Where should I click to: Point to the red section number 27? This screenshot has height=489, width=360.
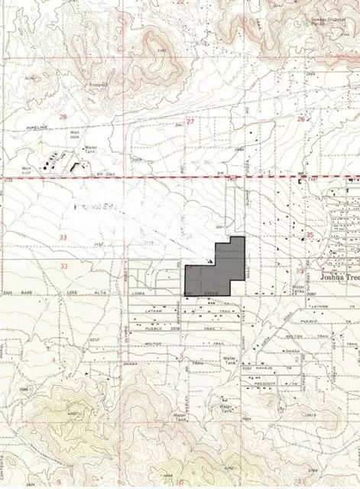(x=190, y=121)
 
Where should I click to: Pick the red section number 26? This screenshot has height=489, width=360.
(x=302, y=118)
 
